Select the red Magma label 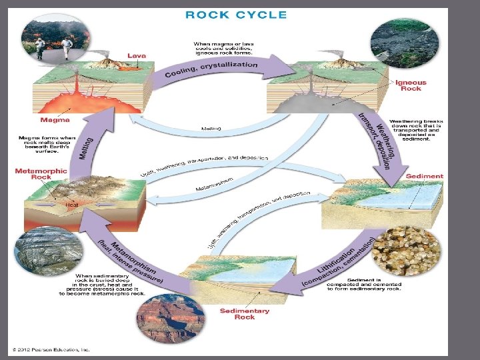click(55, 121)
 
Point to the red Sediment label click(424, 176)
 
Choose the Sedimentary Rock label click(245, 313)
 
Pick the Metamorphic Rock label click(41, 174)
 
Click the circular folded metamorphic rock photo click(48, 253)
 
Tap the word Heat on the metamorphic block click(71, 205)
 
